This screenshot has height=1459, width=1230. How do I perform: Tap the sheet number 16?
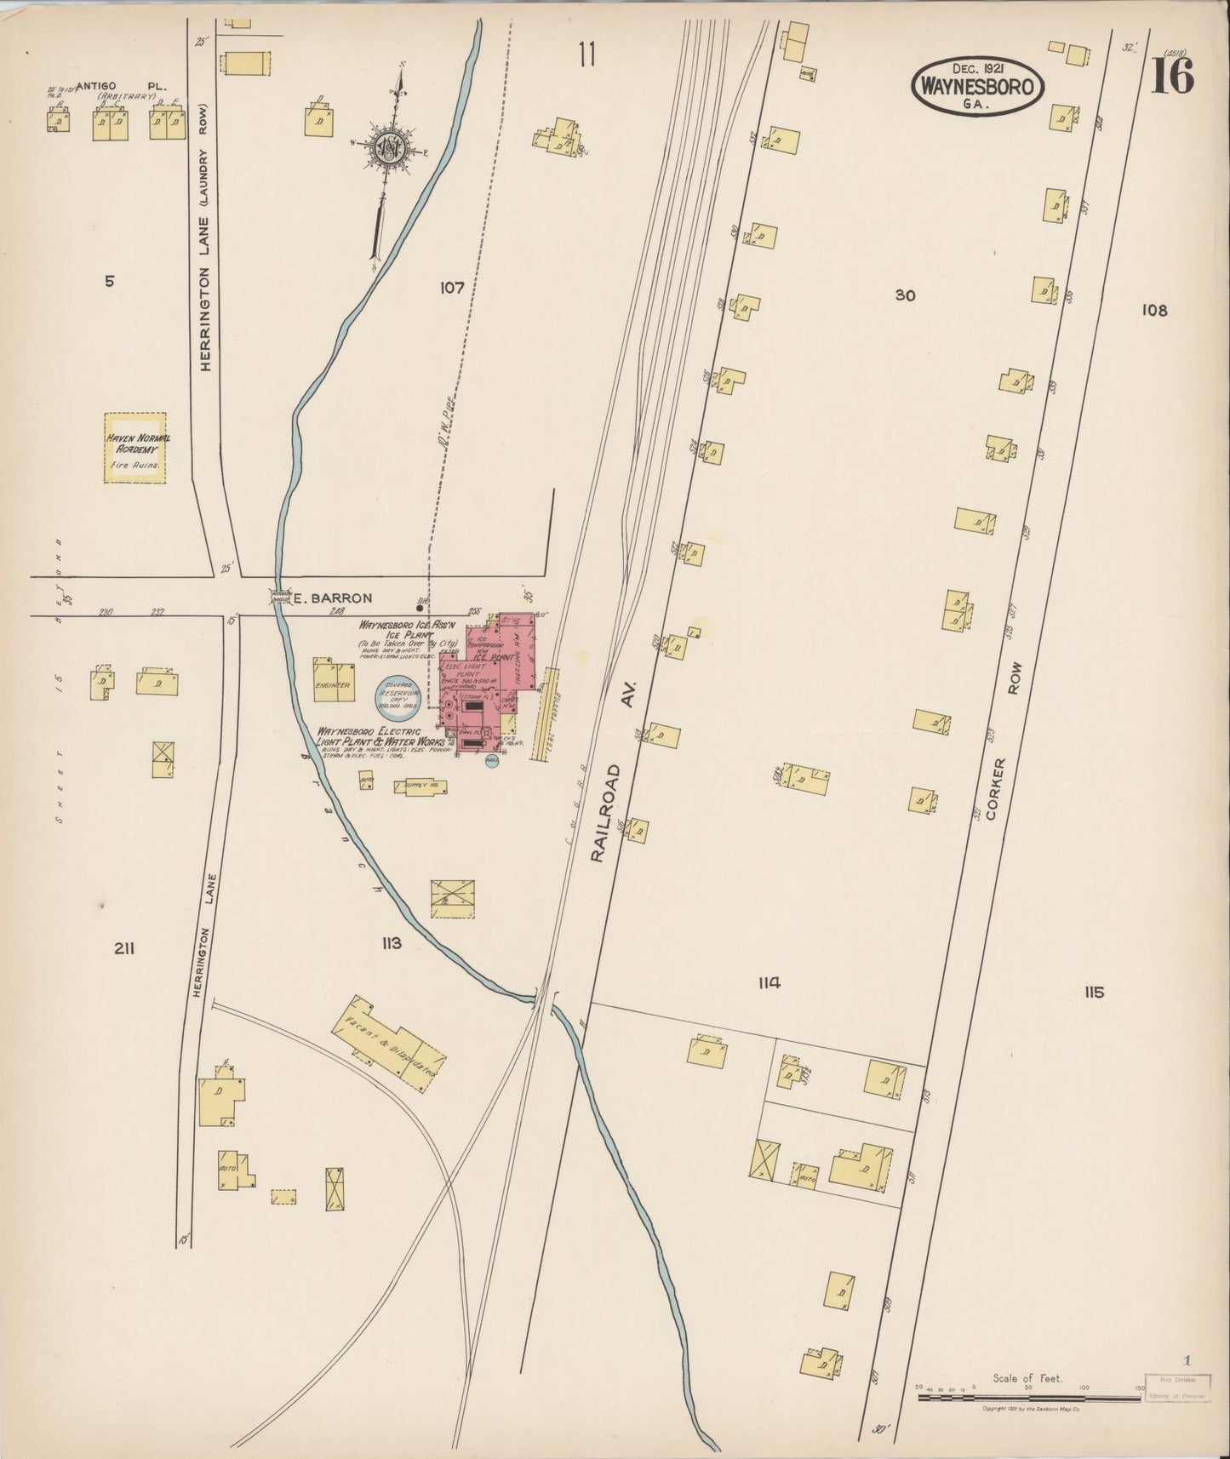(1172, 76)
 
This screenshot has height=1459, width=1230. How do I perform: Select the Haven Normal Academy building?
(135, 449)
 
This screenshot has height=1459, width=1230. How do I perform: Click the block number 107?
(451, 288)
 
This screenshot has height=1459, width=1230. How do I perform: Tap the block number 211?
(124, 949)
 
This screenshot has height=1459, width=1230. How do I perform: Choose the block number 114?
(769, 983)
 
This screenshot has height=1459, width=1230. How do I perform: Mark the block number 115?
(1094, 992)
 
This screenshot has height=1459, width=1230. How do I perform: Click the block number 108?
(1154, 311)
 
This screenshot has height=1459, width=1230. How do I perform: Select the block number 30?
(904, 295)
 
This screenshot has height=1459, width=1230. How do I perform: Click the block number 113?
(391, 943)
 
